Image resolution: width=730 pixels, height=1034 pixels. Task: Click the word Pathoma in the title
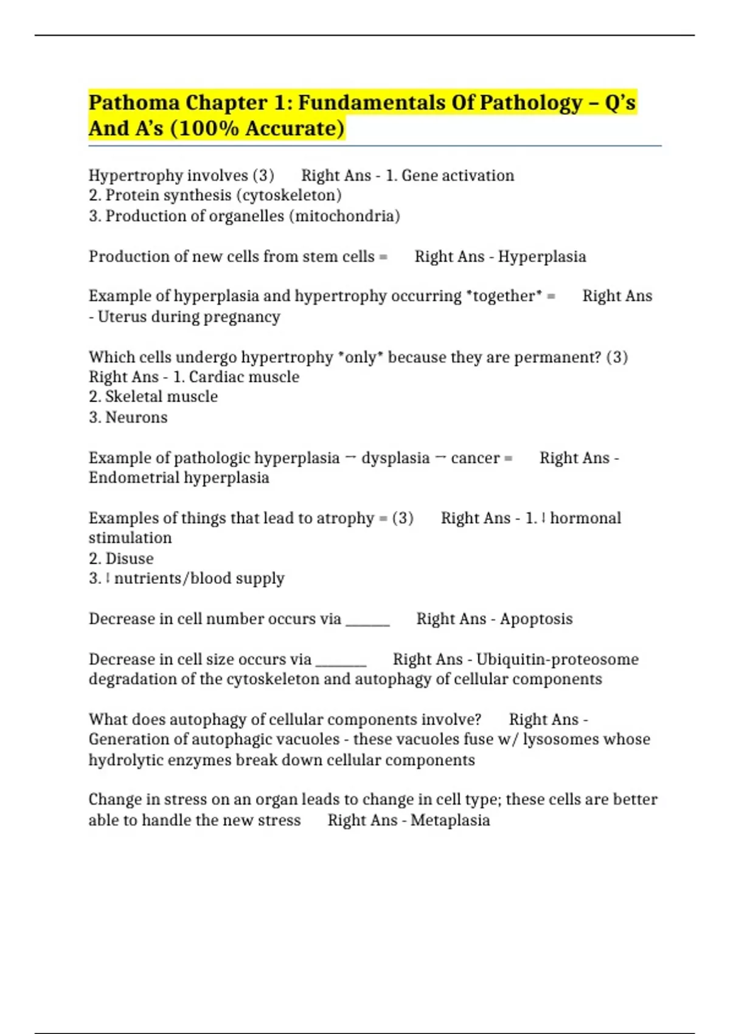(134, 103)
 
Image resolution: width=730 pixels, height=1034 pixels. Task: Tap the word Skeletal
(130, 397)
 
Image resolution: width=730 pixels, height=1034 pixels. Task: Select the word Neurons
(136, 418)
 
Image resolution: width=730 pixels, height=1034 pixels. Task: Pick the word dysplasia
(395, 458)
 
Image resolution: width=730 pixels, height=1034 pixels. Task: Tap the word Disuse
(130, 558)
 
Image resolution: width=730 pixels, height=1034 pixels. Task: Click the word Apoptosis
(536, 619)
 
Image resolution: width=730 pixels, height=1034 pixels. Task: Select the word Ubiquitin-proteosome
(557, 659)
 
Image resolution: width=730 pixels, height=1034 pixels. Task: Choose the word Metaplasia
(450, 821)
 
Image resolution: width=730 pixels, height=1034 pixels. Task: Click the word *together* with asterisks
(504, 296)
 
